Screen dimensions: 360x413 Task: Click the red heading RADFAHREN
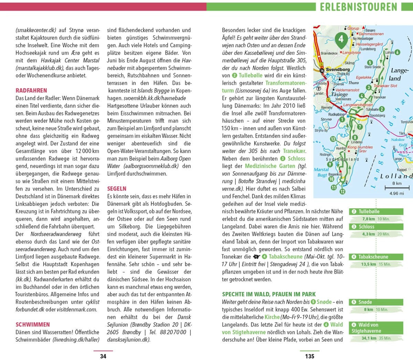[x=31, y=90]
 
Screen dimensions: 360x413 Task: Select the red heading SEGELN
[x=117, y=189]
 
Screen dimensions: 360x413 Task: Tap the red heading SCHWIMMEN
[x=33, y=324]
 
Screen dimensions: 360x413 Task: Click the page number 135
[x=309, y=356]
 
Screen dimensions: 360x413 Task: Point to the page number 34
[x=103, y=356]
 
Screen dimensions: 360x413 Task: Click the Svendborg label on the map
[x=338, y=69]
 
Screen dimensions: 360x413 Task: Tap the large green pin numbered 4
[x=341, y=39]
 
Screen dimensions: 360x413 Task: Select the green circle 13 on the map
[x=333, y=139]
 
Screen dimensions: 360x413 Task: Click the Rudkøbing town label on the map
[x=336, y=114]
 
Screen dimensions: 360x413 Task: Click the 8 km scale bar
[x=396, y=187]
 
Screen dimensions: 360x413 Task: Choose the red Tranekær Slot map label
[x=385, y=86]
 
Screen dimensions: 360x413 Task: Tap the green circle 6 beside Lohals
[x=398, y=52]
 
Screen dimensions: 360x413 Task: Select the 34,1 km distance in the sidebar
[x=369, y=338]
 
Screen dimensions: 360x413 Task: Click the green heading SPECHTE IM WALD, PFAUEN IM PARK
[x=269, y=294]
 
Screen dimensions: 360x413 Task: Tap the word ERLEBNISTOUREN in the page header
[x=358, y=7]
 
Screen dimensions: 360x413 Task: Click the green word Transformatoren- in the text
[x=285, y=83]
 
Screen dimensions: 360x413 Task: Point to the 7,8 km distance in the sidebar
[x=368, y=219]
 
